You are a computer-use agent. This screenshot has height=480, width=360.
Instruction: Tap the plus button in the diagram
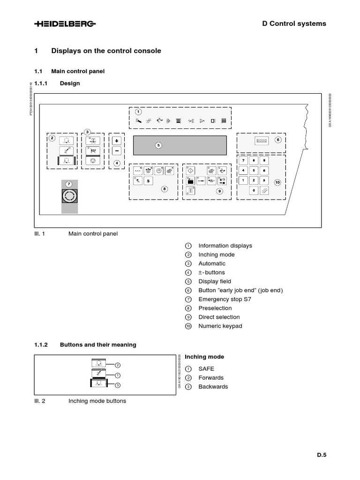click(x=117, y=141)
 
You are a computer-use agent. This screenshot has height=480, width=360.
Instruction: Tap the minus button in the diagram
click(x=117, y=151)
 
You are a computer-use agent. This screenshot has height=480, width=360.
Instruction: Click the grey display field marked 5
click(x=180, y=145)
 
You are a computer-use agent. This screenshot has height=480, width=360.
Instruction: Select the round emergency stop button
click(x=69, y=196)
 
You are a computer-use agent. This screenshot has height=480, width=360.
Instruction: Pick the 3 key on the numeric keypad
click(x=264, y=180)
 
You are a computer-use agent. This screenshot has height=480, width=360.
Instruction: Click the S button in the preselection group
click(x=148, y=180)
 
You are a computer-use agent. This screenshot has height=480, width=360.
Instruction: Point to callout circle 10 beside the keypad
click(x=277, y=182)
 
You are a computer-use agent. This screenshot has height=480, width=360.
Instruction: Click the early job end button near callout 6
click(x=261, y=140)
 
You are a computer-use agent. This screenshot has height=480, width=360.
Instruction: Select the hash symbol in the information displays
click(x=149, y=120)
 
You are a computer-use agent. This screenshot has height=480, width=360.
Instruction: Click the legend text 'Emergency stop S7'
click(x=225, y=299)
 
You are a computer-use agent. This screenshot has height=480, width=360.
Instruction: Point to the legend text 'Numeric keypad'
click(x=220, y=326)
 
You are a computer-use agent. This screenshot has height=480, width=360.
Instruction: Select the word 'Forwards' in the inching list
click(x=211, y=378)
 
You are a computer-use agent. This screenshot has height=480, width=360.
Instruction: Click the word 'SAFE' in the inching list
click(x=206, y=369)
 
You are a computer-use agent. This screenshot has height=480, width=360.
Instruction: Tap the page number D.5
click(x=321, y=454)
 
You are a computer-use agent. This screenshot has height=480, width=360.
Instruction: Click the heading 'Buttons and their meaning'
click(x=98, y=345)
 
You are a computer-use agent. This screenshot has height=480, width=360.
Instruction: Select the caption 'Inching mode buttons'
click(x=97, y=401)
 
